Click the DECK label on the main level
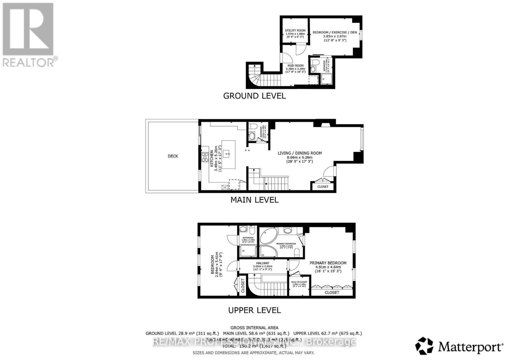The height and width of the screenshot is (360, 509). pyautogui.click(x=173, y=156)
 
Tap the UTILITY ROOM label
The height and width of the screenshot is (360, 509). pyautogui.click(x=295, y=31)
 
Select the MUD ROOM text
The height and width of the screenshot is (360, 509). pyautogui.click(x=296, y=66)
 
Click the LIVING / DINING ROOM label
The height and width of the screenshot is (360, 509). pyautogui.click(x=300, y=153)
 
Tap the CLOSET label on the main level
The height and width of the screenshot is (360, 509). pyautogui.click(x=323, y=187)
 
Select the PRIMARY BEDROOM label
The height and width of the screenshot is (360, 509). pyautogui.click(x=328, y=263)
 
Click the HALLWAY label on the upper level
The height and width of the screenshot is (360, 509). pyautogui.click(x=263, y=263)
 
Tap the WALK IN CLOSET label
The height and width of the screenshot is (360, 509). pyautogui.click(x=299, y=282)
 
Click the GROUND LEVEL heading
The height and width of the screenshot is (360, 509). pyautogui.click(x=254, y=96)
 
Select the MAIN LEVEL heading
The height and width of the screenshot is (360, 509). pyautogui.click(x=254, y=200)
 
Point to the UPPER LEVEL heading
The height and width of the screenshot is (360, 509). pyautogui.click(x=254, y=310)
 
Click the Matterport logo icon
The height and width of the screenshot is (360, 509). pyautogui.click(x=424, y=346)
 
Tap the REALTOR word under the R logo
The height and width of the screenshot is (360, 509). pyautogui.click(x=28, y=62)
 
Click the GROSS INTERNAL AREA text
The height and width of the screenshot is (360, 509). pyautogui.click(x=254, y=328)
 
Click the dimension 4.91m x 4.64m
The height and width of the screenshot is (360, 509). pyautogui.click(x=328, y=267)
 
